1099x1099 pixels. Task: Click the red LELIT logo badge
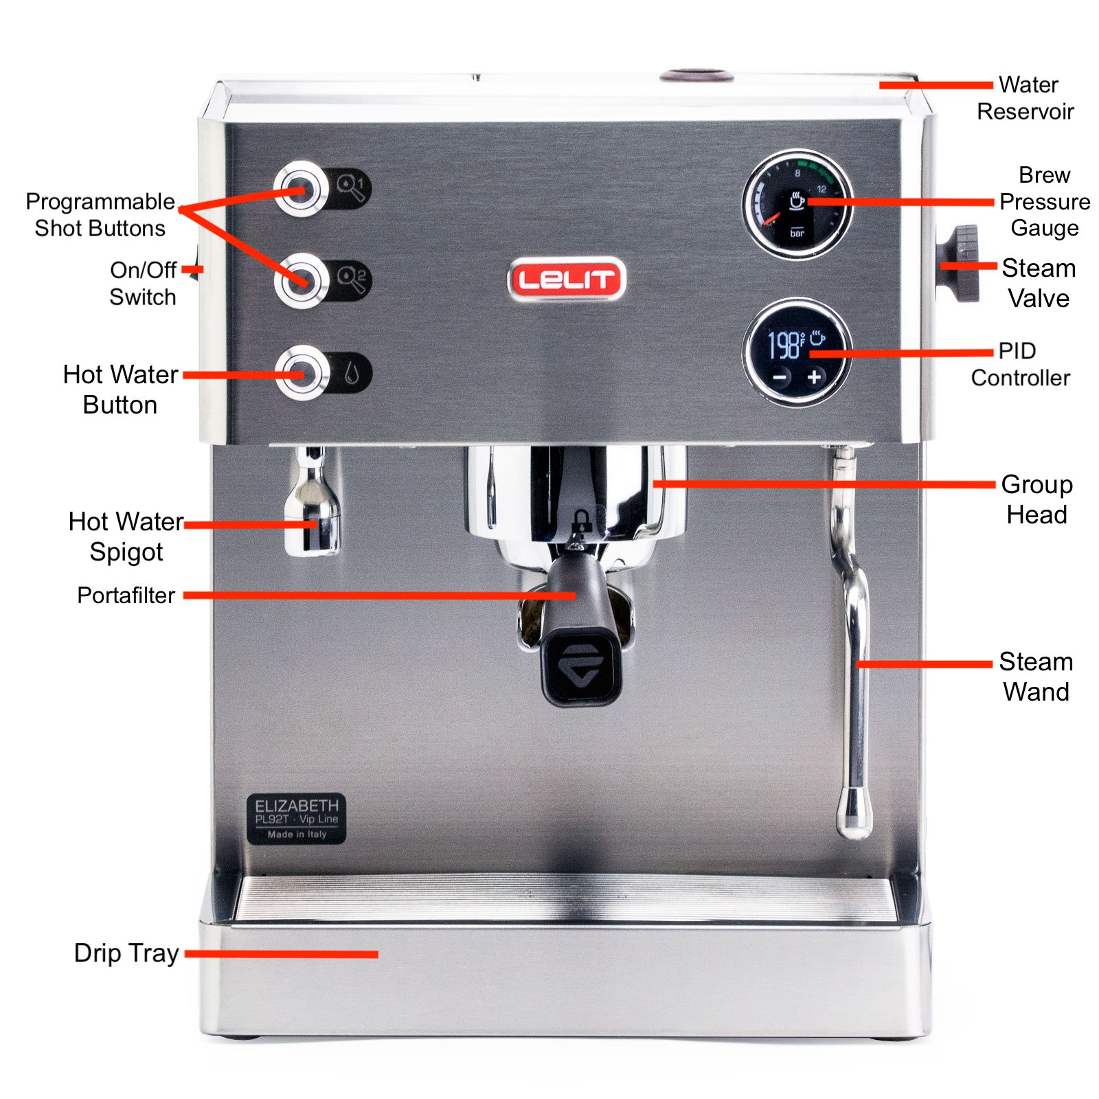tap(567, 279)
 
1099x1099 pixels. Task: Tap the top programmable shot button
tap(301, 189)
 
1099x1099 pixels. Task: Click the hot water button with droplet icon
tap(302, 373)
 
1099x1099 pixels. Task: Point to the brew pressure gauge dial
tap(797, 204)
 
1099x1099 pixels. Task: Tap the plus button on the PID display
tap(814, 377)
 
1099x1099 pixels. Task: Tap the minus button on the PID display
tap(780, 377)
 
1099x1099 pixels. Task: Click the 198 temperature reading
tap(784, 345)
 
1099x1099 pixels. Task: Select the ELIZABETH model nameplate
tap(296, 819)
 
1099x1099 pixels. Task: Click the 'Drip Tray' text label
tap(126, 953)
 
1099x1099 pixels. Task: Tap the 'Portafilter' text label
tap(126, 595)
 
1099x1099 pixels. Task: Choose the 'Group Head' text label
tap(1036, 499)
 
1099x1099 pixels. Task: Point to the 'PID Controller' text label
tap(1020, 364)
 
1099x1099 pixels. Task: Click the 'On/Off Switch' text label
tap(143, 283)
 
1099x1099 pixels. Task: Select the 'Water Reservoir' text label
tap(1026, 98)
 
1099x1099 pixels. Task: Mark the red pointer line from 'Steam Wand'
tap(925, 664)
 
